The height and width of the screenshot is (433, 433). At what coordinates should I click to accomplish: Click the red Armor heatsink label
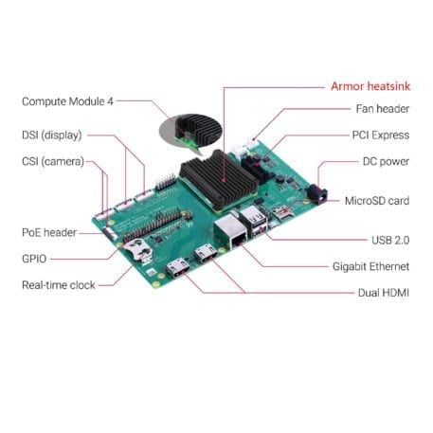click(370, 86)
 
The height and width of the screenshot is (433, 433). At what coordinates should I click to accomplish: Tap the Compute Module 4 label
click(67, 101)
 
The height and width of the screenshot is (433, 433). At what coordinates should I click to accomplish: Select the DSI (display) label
click(52, 135)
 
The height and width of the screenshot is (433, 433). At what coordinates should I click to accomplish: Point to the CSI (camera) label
click(53, 161)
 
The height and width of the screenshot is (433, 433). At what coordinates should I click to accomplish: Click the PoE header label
click(49, 233)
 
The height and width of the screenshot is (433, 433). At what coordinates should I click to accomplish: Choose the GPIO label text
click(34, 259)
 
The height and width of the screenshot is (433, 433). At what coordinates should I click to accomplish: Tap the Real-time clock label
click(59, 285)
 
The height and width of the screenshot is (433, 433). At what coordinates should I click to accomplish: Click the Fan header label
click(383, 109)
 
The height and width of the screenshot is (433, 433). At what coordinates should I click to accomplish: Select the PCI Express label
click(381, 135)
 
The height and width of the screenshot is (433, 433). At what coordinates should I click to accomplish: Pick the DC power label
click(386, 162)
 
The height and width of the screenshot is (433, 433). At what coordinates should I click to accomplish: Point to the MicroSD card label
click(377, 201)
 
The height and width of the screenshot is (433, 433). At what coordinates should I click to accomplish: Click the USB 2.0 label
click(390, 241)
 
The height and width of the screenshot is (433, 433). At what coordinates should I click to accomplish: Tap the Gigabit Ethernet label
click(370, 266)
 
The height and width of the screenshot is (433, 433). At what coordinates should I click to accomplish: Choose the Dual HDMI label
click(384, 293)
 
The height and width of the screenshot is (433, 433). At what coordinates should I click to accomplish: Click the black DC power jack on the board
click(317, 193)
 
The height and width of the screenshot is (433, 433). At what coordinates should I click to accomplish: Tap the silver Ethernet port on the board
click(230, 231)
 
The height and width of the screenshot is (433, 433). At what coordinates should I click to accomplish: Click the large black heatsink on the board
click(219, 180)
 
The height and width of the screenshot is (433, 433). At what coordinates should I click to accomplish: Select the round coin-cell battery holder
click(137, 249)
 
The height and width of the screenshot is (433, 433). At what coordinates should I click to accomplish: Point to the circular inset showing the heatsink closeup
click(190, 131)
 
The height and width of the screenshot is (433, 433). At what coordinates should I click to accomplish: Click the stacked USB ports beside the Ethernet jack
click(255, 220)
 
